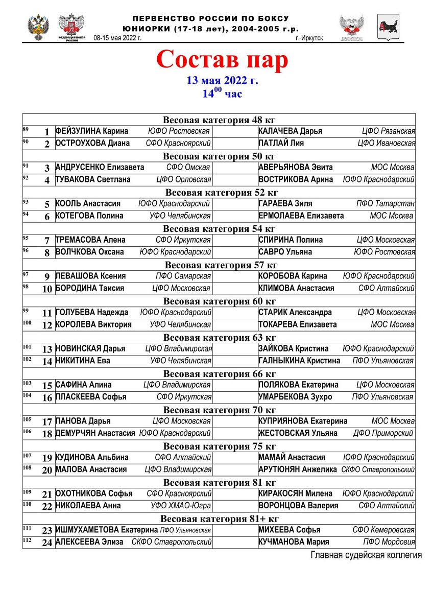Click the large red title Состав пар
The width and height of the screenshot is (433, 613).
[222, 60]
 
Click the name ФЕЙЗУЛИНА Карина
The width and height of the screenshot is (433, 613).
[92, 131]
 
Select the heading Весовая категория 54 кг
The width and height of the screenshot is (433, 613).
[219, 228]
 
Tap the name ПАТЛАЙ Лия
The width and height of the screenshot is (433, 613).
[281, 144]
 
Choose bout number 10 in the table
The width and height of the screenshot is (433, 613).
[47, 289]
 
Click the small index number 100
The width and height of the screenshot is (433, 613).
[27, 323]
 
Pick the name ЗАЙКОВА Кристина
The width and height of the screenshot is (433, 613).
[294, 349]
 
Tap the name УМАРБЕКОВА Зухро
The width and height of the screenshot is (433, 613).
[295, 397]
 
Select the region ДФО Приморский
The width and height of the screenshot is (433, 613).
[383, 433]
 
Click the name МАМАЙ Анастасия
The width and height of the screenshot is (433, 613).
[292, 458]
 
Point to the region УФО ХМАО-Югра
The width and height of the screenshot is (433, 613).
[181, 506]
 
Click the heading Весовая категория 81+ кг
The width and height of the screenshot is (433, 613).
[219, 519]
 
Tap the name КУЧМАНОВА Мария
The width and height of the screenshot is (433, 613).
[294, 542]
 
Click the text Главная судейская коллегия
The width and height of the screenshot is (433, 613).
[366, 555]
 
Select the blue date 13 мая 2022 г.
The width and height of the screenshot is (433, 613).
[222, 80]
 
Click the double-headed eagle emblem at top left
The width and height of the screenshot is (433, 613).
[38, 27]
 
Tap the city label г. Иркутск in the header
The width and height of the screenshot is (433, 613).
[309, 38]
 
